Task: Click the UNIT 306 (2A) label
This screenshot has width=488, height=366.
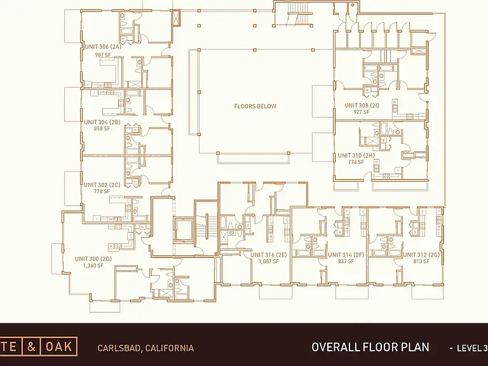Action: (x=103, y=47)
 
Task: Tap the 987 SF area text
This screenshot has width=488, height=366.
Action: (x=103, y=55)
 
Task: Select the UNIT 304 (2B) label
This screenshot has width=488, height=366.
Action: (x=102, y=122)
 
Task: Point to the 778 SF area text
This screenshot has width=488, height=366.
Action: (x=102, y=191)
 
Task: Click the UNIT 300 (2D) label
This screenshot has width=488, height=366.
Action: (x=93, y=259)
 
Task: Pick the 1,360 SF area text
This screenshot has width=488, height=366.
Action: (x=93, y=266)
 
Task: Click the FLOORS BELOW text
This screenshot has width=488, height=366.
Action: (x=255, y=106)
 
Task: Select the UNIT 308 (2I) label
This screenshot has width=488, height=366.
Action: (x=362, y=105)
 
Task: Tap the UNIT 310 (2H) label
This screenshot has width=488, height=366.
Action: (x=356, y=155)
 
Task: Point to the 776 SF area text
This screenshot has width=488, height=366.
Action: (x=356, y=162)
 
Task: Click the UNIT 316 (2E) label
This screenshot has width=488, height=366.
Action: (x=269, y=255)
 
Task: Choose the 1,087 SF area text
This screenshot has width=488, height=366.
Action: (x=269, y=261)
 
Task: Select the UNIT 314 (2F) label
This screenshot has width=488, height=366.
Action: (x=346, y=255)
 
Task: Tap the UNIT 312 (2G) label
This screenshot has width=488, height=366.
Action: (x=421, y=255)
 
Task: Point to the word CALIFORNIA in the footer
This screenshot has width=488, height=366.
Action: (x=170, y=348)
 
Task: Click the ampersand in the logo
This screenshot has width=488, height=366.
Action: (x=31, y=346)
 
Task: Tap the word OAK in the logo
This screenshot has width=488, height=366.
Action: (x=59, y=346)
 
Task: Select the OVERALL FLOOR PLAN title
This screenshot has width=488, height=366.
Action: (x=370, y=347)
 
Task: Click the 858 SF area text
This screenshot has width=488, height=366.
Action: (x=102, y=128)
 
